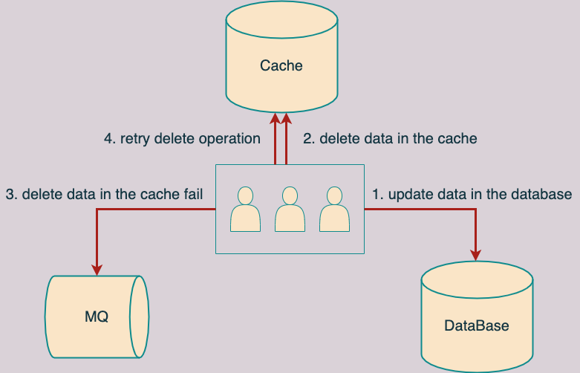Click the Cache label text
pos(281,65)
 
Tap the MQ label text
pos(97,317)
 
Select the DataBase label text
pos(477,325)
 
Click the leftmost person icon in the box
pos(245,209)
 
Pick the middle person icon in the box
pos(290,209)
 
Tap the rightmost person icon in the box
pos(334,209)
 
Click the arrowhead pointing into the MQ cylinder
pos(97,270)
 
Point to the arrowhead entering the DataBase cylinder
pos(476,256)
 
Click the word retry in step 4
pos(135,139)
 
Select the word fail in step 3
pos(193,194)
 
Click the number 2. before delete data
pos(309,139)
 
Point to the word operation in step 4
pos(229,139)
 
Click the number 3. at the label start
pos(11,194)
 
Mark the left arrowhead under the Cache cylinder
pos(275,118)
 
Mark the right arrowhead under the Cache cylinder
pos(287,118)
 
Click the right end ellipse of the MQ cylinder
pos(140,317)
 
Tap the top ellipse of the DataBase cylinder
pos(477,279)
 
